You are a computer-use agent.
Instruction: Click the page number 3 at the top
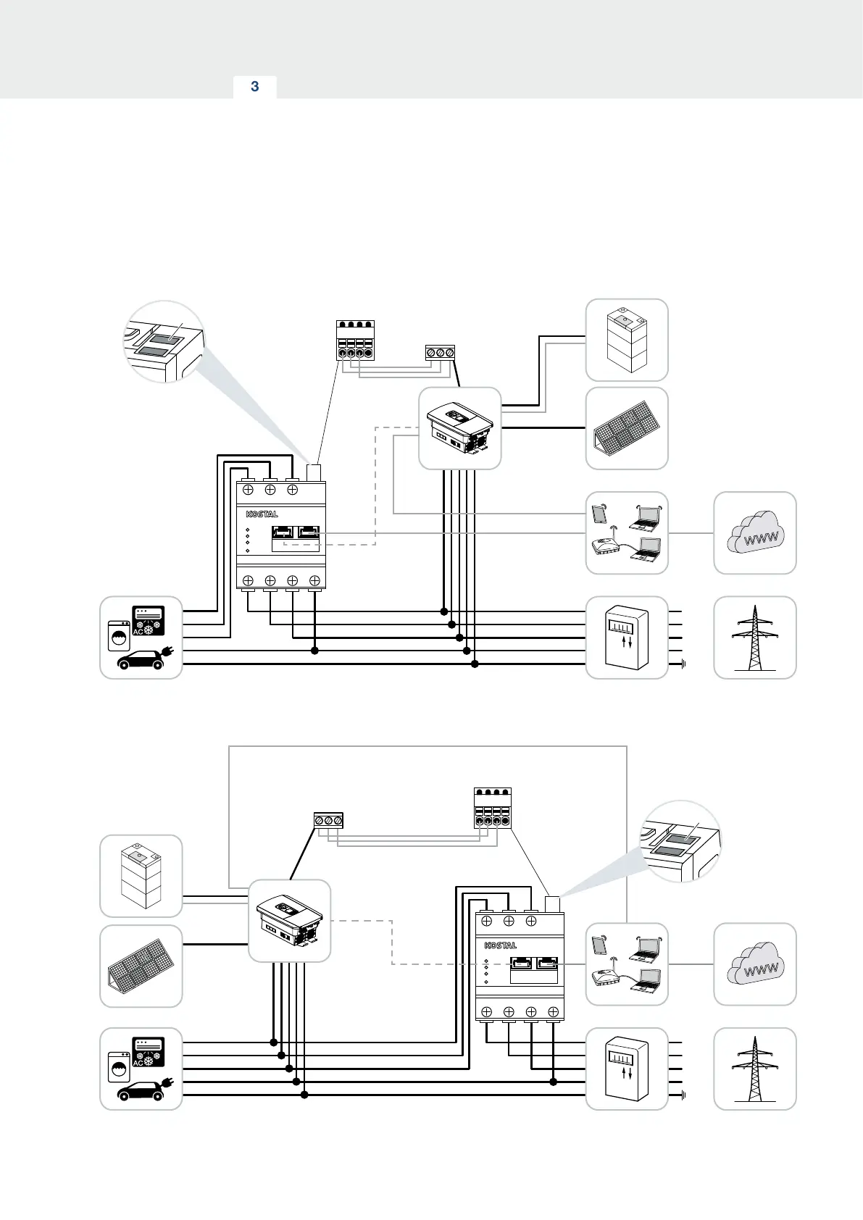click(x=254, y=87)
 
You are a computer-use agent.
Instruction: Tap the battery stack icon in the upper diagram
click(x=627, y=340)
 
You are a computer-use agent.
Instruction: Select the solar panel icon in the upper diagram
click(x=627, y=429)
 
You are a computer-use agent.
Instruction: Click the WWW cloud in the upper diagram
click(x=755, y=533)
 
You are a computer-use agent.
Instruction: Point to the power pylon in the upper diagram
click(x=755, y=638)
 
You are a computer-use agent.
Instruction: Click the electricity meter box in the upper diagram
click(x=627, y=638)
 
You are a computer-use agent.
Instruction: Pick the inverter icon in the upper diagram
click(x=460, y=428)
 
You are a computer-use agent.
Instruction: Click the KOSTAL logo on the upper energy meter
click(x=262, y=514)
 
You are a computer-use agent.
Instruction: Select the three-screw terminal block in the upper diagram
click(x=440, y=353)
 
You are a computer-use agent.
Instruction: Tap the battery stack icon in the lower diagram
click(x=141, y=876)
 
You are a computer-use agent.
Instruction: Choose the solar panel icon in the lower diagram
click(x=141, y=966)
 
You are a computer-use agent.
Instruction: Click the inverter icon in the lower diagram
click(x=290, y=921)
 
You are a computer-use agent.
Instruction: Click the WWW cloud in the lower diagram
click(x=755, y=964)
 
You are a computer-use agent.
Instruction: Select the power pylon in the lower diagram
click(x=755, y=1069)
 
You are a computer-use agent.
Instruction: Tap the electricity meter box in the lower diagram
click(x=627, y=1069)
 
